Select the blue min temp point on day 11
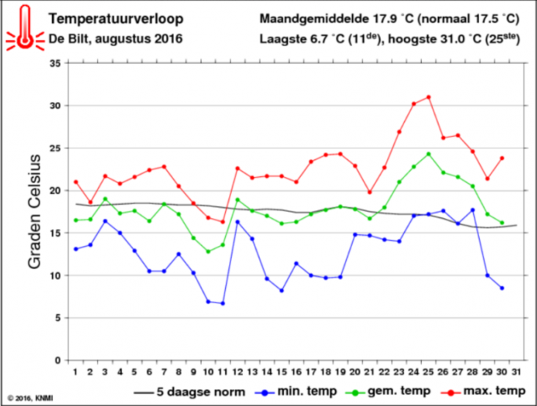click(x=222, y=303)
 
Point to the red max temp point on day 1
click(x=76, y=182)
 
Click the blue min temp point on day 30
click(x=502, y=288)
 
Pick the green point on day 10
click(x=208, y=252)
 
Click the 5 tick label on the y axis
click(x=57, y=318)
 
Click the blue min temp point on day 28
click(x=472, y=210)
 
